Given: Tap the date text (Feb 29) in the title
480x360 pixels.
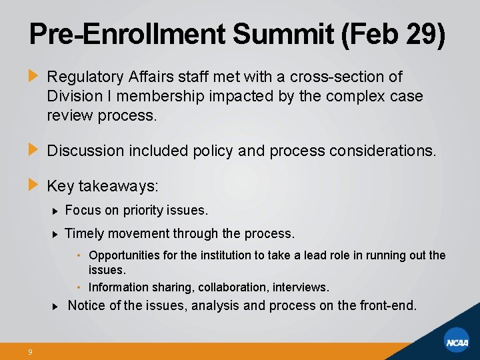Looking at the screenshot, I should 393,35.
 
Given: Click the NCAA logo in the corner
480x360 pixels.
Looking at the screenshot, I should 457,342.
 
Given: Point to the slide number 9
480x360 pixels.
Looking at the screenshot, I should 31,352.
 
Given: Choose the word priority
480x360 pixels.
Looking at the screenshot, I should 145,211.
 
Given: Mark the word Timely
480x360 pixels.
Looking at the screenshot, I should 84,233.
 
